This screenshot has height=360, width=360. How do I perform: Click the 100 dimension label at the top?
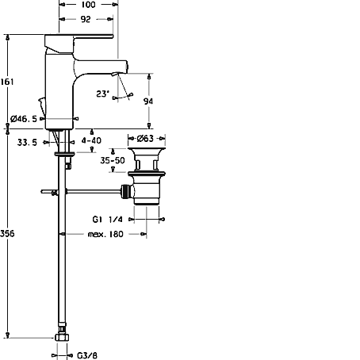tap(89, 5)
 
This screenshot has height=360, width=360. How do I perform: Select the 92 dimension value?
tap(86, 19)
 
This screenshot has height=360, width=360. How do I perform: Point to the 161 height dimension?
tap(7, 82)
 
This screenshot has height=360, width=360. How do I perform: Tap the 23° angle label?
tap(103, 94)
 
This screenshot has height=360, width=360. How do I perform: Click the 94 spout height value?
tap(148, 101)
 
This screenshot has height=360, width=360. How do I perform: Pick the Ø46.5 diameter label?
tap(24, 119)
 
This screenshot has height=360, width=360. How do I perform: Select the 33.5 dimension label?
tap(27, 143)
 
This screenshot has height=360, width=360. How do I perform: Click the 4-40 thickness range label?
tap(91, 140)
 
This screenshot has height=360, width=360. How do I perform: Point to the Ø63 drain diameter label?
tap(145, 138)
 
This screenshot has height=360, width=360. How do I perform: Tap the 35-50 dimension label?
tap(113, 160)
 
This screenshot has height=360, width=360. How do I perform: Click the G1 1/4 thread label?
tap(108, 219)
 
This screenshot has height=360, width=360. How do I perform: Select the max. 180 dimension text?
tap(105, 234)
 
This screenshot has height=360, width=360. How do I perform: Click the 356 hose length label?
tap(7, 233)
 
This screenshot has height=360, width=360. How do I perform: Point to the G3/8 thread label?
tap(87, 355)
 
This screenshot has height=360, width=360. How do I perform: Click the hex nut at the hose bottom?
tap(62, 337)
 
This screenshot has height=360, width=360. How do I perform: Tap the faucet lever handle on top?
tap(79, 36)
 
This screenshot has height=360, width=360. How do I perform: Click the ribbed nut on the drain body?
tap(126, 191)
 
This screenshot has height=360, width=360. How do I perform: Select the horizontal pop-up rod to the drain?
tap(93, 191)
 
